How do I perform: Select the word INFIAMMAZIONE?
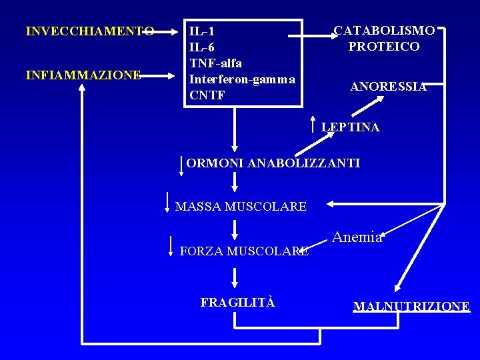pyautogui.click(x=83, y=75)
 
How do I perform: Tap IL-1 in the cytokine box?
pyautogui.click(x=201, y=31)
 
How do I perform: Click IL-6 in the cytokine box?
pyautogui.click(x=201, y=47)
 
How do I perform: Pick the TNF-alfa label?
pyautogui.click(x=215, y=63)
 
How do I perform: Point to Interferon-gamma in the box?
pyautogui.click(x=242, y=79)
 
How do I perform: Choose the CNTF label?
pyautogui.click(x=207, y=95)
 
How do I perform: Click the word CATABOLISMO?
pyautogui.click(x=385, y=31)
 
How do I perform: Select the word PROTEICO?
pyautogui.click(x=384, y=47)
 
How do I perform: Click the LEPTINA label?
pyautogui.click(x=350, y=127)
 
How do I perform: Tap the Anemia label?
pyautogui.click(x=357, y=237)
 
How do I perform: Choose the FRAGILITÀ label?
pyautogui.click(x=237, y=302)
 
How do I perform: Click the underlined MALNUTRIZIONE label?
pyautogui.click(x=411, y=307)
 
